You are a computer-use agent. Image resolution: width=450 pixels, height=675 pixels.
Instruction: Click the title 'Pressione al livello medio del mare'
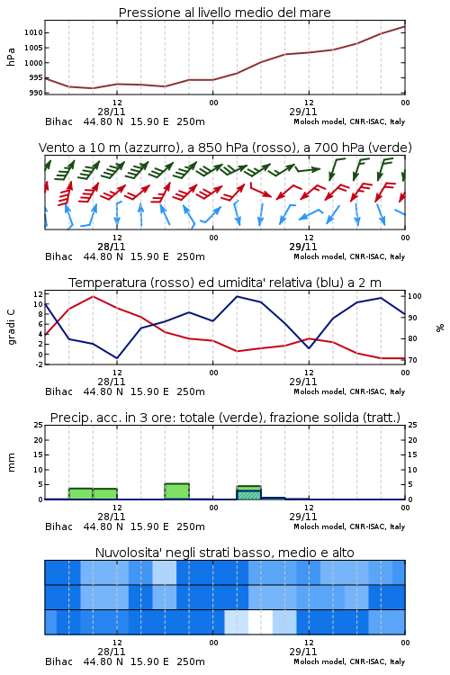pos(224,13)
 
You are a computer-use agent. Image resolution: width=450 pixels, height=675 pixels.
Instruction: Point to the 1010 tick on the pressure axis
pos(33,32)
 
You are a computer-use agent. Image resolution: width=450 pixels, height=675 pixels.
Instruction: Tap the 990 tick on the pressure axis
pos(36,93)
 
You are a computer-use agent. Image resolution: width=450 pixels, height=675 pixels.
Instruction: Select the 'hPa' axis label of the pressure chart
pos(11,57)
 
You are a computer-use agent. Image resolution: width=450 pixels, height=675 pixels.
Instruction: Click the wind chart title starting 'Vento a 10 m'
pos(225,148)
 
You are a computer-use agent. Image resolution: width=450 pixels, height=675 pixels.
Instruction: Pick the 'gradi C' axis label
pos(11,328)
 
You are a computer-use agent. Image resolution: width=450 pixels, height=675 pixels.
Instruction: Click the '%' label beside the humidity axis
pos(440,328)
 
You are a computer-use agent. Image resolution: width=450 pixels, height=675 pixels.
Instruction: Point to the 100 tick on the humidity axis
pos(415,296)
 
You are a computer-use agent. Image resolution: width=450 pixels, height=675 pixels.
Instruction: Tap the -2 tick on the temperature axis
pos(39,364)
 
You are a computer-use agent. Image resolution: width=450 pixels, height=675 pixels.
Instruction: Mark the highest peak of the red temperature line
pos(93,297)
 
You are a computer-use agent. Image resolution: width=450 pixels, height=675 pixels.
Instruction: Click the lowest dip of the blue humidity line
pos(117,358)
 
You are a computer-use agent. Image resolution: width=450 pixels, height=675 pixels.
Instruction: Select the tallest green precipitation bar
pos(177,491)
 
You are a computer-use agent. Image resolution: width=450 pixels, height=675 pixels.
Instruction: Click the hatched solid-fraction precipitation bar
pos(249,495)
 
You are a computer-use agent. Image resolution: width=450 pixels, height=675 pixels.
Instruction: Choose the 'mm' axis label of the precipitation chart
pos(11,463)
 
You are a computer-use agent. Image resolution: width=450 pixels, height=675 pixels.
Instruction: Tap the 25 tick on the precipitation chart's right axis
pos(412,425)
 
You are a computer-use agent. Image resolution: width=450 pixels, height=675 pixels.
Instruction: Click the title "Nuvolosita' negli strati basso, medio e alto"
pos(224,553)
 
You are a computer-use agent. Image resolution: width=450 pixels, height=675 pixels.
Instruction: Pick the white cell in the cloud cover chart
pos(260,622)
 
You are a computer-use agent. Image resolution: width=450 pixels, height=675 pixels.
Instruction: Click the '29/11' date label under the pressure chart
pos(303,112)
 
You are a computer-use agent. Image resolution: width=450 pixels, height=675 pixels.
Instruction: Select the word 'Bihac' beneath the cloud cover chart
pos(58,661)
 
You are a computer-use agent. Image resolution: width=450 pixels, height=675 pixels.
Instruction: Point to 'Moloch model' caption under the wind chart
pos(319,256)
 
